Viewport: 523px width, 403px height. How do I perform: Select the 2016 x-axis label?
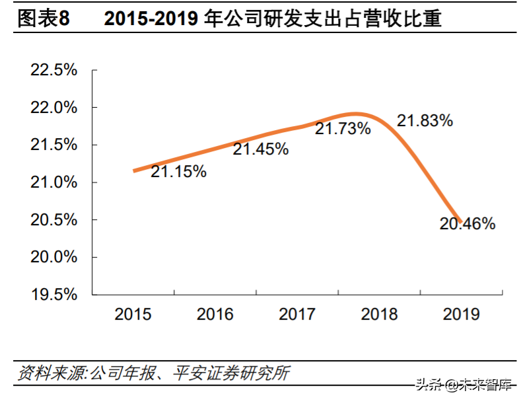[x=215, y=314]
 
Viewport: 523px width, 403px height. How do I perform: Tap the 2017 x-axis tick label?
[x=297, y=314]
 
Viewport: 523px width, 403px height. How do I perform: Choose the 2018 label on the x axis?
[x=379, y=314]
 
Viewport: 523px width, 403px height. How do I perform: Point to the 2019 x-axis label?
[x=461, y=314]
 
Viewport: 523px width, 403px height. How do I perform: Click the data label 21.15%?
[x=178, y=172]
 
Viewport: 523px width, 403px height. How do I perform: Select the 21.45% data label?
[x=261, y=150]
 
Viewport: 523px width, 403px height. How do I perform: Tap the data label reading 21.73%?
[x=343, y=129]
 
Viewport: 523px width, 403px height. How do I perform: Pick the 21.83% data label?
[x=425, y=121]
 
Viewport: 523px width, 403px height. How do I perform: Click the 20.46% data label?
[x=468, y=225]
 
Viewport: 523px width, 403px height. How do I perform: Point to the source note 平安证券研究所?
[x=231, y=373]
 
